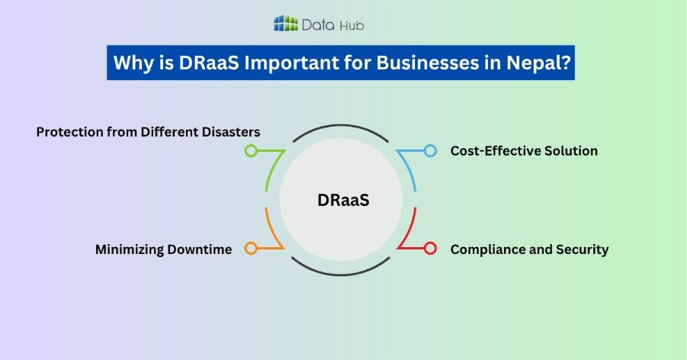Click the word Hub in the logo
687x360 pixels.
tap(352, 25)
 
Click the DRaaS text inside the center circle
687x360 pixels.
tap(343, 200)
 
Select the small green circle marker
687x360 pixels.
tap(250, 151)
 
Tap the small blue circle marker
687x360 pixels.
tap(430, 151)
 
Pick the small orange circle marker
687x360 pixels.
tap(250, 249)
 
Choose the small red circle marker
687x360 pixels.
tap(430, 249)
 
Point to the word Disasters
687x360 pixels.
tap(229, 132)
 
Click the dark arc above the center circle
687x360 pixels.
tap(343, 128)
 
